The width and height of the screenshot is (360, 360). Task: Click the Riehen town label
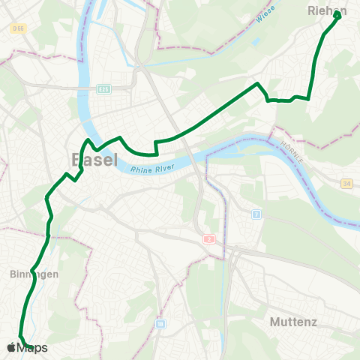pyautogui.click(x=327, y=11)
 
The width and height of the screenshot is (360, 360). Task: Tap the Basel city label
pyautogui.click(x=94, y=160)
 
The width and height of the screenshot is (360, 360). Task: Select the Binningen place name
pyautogui.click(x=34, y=274)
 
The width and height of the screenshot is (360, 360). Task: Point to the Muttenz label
pyautogui.click(x=294, y=322)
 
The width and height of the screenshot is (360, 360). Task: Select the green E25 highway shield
pyautogui.click(x=103, y=89)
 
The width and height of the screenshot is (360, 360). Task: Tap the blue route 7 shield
pyautogui.click(x=256, y=214)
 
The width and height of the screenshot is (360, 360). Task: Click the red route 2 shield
pyautogui.click(x=208, y=238)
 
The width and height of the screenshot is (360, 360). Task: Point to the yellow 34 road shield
pyautogui.click(x=346, y=184)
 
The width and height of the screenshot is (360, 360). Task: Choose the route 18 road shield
pyautogui.click(x=160, y=324)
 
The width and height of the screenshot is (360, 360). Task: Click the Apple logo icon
pyautogui.click(x=11, y=347)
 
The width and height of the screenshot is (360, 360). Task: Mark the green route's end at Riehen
pyautogui.click(x=337, y=16)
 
